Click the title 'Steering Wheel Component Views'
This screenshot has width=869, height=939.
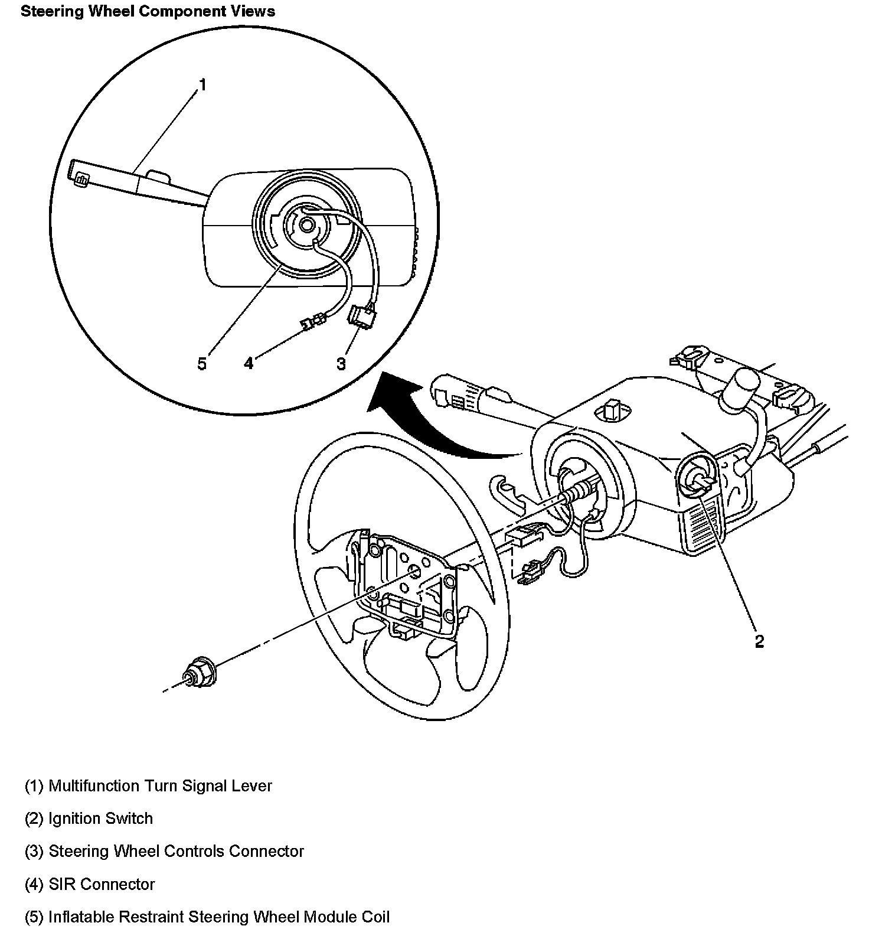(x=148, y=11)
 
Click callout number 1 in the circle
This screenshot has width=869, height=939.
(x=202, y=85)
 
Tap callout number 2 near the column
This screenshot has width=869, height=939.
(x=759, y=641)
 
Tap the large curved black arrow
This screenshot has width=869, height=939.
(x=437, y=425)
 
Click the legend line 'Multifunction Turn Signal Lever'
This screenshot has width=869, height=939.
(x=148, y=786)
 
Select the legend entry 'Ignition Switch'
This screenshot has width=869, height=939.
(x=89, y=819)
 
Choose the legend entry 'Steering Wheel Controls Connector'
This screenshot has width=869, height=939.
(x=164, y=852)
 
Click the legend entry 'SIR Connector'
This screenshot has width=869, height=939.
(x=90, y=884)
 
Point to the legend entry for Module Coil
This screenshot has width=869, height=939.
(x=207, y=917)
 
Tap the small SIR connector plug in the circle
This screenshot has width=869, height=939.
(x=313, y=322)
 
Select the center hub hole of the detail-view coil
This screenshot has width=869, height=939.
(x=306, y=224)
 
